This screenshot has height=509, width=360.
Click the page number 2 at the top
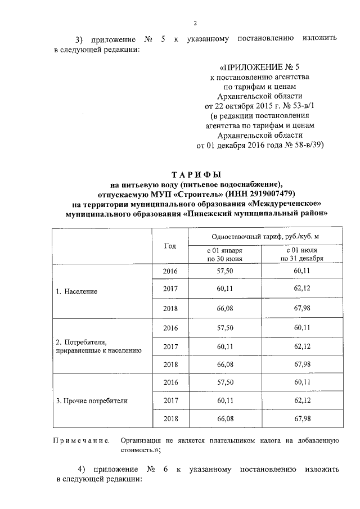point(195,23)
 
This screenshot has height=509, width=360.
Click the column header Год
point(170,246)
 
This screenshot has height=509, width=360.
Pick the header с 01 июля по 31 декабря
point(304,254)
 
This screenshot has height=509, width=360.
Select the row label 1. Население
point(76,291)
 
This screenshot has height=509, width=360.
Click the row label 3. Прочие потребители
point(91,401)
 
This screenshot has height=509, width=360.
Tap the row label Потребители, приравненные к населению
point(94,346)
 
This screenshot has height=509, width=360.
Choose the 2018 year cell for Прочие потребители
point(170,419)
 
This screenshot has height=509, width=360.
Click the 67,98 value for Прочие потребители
point(304,419)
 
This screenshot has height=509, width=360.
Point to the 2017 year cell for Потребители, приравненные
point(170,346)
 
